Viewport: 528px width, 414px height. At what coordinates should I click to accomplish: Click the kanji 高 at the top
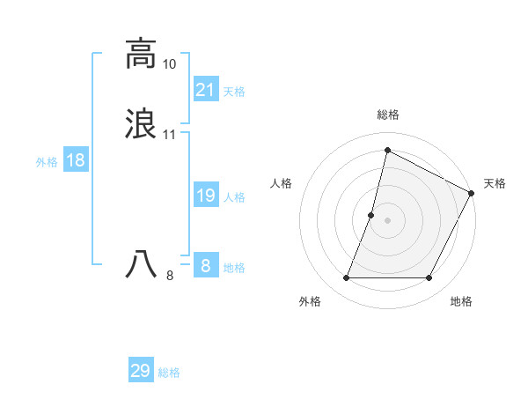pos(141,55)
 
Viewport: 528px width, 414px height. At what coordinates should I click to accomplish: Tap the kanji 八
pos(141,265)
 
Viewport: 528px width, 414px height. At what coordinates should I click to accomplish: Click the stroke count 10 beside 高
pos(169,64)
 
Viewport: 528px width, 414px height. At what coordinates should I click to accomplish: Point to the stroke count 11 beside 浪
pos(169,135)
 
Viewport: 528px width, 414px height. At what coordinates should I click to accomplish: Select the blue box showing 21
pos(206,89)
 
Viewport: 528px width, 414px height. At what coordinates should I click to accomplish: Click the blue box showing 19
pos(206,196)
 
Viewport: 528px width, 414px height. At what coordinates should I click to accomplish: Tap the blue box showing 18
pos(76,160)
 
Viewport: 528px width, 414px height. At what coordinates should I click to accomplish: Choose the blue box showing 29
pos(141,371)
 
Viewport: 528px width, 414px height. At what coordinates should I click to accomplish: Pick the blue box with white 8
pos(206,265)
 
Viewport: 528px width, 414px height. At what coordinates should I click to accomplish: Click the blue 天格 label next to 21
pos(234,91)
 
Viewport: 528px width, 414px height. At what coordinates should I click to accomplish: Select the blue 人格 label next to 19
pos(234,197)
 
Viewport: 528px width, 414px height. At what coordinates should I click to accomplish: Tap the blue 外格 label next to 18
pos(47,162)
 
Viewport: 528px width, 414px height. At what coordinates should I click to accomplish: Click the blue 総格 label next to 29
pos(169,373)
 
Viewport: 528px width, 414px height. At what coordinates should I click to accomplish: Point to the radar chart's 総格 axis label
pos(387,115)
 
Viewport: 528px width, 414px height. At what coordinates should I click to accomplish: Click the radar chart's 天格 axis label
pos(495,183)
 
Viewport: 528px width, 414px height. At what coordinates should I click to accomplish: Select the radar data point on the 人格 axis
pos(371,214)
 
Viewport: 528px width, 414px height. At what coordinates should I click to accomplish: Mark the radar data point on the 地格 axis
pos(429,278)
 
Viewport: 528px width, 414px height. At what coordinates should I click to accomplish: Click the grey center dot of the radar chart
pos(387,220)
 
